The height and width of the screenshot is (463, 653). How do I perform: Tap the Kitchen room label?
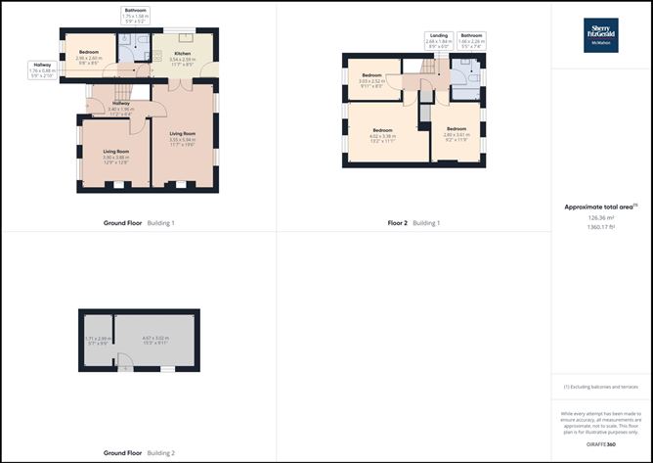coord(182,56)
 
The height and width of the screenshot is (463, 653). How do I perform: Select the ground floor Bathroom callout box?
coord(136,17)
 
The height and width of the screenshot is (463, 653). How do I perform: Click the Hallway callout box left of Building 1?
coord(41,69)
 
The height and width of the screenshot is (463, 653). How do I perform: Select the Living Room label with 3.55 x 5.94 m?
coord(183,138)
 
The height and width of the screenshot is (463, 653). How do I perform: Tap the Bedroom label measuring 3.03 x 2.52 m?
coord(372,79)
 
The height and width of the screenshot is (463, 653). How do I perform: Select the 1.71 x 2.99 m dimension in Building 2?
coord(96,341)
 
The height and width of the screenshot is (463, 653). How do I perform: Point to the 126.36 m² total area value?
coord(600,217)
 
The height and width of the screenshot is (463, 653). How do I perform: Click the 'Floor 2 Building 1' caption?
coord(414,223)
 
